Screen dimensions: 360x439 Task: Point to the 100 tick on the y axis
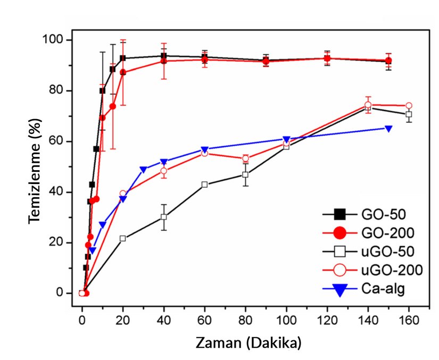point(57,40)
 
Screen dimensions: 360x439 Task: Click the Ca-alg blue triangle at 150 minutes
point(388,129)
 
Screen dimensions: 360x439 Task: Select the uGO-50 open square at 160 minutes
point(409,114)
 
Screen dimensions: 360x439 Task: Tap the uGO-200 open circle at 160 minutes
point(409,106)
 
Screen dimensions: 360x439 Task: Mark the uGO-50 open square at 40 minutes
point(164,217)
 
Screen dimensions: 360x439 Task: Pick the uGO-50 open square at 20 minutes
point(123,239)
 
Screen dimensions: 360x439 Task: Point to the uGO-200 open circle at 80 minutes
point(245,158)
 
